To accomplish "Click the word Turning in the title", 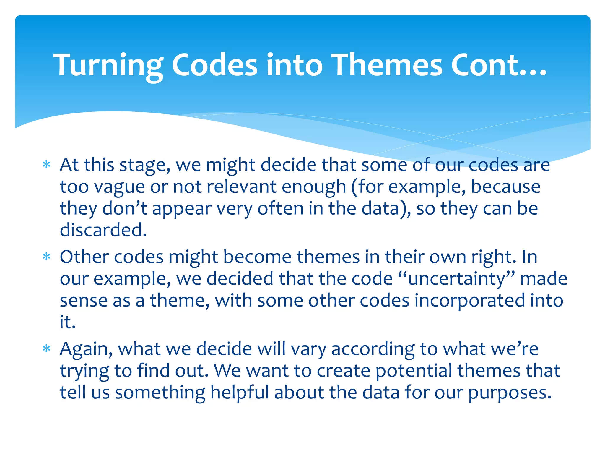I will pyautogui.click(x=108, y=66).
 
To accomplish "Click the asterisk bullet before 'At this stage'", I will pyautogui.click(x=46, y=165).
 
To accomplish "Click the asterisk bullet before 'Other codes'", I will pyautogui.click(x=46, y=257).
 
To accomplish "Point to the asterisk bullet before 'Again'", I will pyautogui.click(x=46, y=349).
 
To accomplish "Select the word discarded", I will pyautogui.click(x=103, y=230).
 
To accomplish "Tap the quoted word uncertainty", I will pyautogui.click(x=457, y=279).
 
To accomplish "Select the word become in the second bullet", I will pyautogui.click(x=257, y=257).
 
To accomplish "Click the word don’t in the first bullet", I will pyautogui.click(x=125, y=208).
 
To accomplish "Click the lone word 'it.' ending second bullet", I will pyautogui.click(x=68, y=322).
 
